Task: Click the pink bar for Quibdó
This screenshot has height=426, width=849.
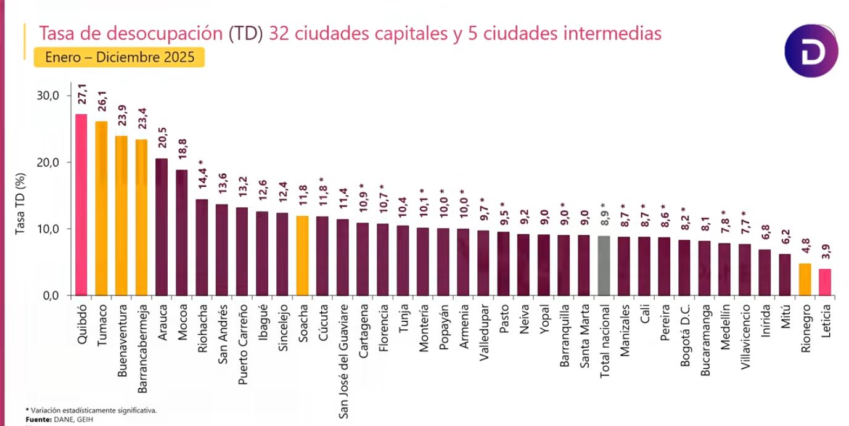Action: (x=81, y=205)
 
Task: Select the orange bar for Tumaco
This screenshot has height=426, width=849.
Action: (x=101, y=208)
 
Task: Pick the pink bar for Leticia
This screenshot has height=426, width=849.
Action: (x=825, y=282)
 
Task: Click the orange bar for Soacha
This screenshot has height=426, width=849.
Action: (x=302, y=255)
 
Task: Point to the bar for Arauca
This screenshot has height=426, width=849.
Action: (x=162, y=227)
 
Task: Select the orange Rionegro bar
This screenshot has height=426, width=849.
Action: (x=805, y=279)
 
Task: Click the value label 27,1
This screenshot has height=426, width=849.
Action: (x=81, y=99)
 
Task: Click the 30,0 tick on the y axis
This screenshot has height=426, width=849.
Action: (x=47, y=96)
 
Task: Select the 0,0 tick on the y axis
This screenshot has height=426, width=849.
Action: (x=49, y=295)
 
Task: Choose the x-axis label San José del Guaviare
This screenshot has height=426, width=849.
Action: (x=343, y=361)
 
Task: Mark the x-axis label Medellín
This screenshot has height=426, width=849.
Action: (x=725, y=327)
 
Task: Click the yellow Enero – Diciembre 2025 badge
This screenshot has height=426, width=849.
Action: (x=119, y=57)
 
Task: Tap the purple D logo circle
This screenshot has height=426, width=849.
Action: (x=811, y=51)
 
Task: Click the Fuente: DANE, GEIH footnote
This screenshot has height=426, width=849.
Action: (x=51, y=419)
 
